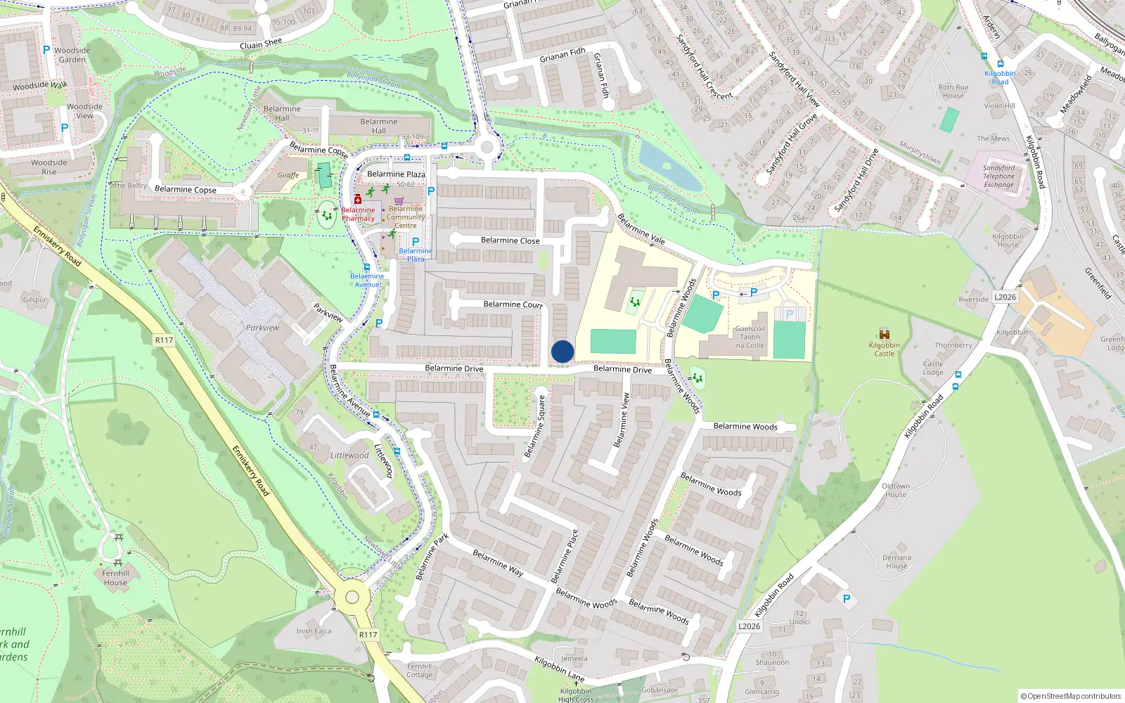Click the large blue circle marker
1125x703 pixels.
[562, 351]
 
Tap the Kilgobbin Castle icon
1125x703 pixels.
[885, 334]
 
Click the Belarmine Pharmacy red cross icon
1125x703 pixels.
[358, 200]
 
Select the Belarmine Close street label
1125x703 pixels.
[510, 240]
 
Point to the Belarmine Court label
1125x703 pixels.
[513, 304]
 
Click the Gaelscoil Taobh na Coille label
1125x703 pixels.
[750, 337]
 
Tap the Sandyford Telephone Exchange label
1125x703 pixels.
[998, 176]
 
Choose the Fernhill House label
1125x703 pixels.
[115, 578]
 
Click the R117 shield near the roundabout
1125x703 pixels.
[368, 634]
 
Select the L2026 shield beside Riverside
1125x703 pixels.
[1005, 297]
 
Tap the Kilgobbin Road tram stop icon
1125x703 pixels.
[1000, 64]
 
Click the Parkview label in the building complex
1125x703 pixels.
[262, 328]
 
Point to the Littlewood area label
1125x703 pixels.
[349, 456]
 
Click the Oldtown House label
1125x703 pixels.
[896, 490]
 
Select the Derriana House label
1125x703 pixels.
[896, 562]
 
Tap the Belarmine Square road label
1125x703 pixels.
[535, 426]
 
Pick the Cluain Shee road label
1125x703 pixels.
[260, 44]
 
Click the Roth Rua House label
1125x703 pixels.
[953, 91]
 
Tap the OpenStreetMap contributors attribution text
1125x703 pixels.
[1071, 696]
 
